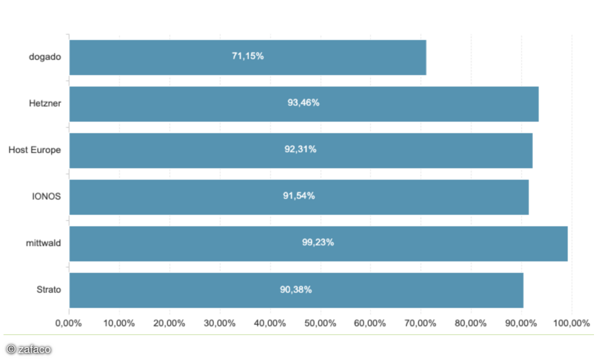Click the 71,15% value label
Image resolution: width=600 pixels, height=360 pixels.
247,56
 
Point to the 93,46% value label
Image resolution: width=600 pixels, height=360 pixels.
303,103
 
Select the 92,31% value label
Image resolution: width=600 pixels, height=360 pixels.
300,149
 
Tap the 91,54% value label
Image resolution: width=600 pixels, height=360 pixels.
298,196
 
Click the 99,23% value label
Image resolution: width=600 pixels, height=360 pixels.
317,242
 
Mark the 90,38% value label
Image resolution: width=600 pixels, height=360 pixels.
295,289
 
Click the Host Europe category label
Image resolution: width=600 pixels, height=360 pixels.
34,149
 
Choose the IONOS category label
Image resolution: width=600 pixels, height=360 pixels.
46,196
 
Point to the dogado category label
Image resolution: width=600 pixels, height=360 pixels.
45,56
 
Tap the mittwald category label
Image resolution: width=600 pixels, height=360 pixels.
43,242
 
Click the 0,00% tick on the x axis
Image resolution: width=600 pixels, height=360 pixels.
68,323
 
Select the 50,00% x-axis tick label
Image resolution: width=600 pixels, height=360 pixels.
320,323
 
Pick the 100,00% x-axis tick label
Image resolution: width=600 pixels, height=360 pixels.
571,323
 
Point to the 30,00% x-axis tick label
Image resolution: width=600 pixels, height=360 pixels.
219,323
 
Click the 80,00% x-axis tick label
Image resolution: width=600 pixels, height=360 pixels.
470,323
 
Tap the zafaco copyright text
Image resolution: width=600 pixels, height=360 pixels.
28,349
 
